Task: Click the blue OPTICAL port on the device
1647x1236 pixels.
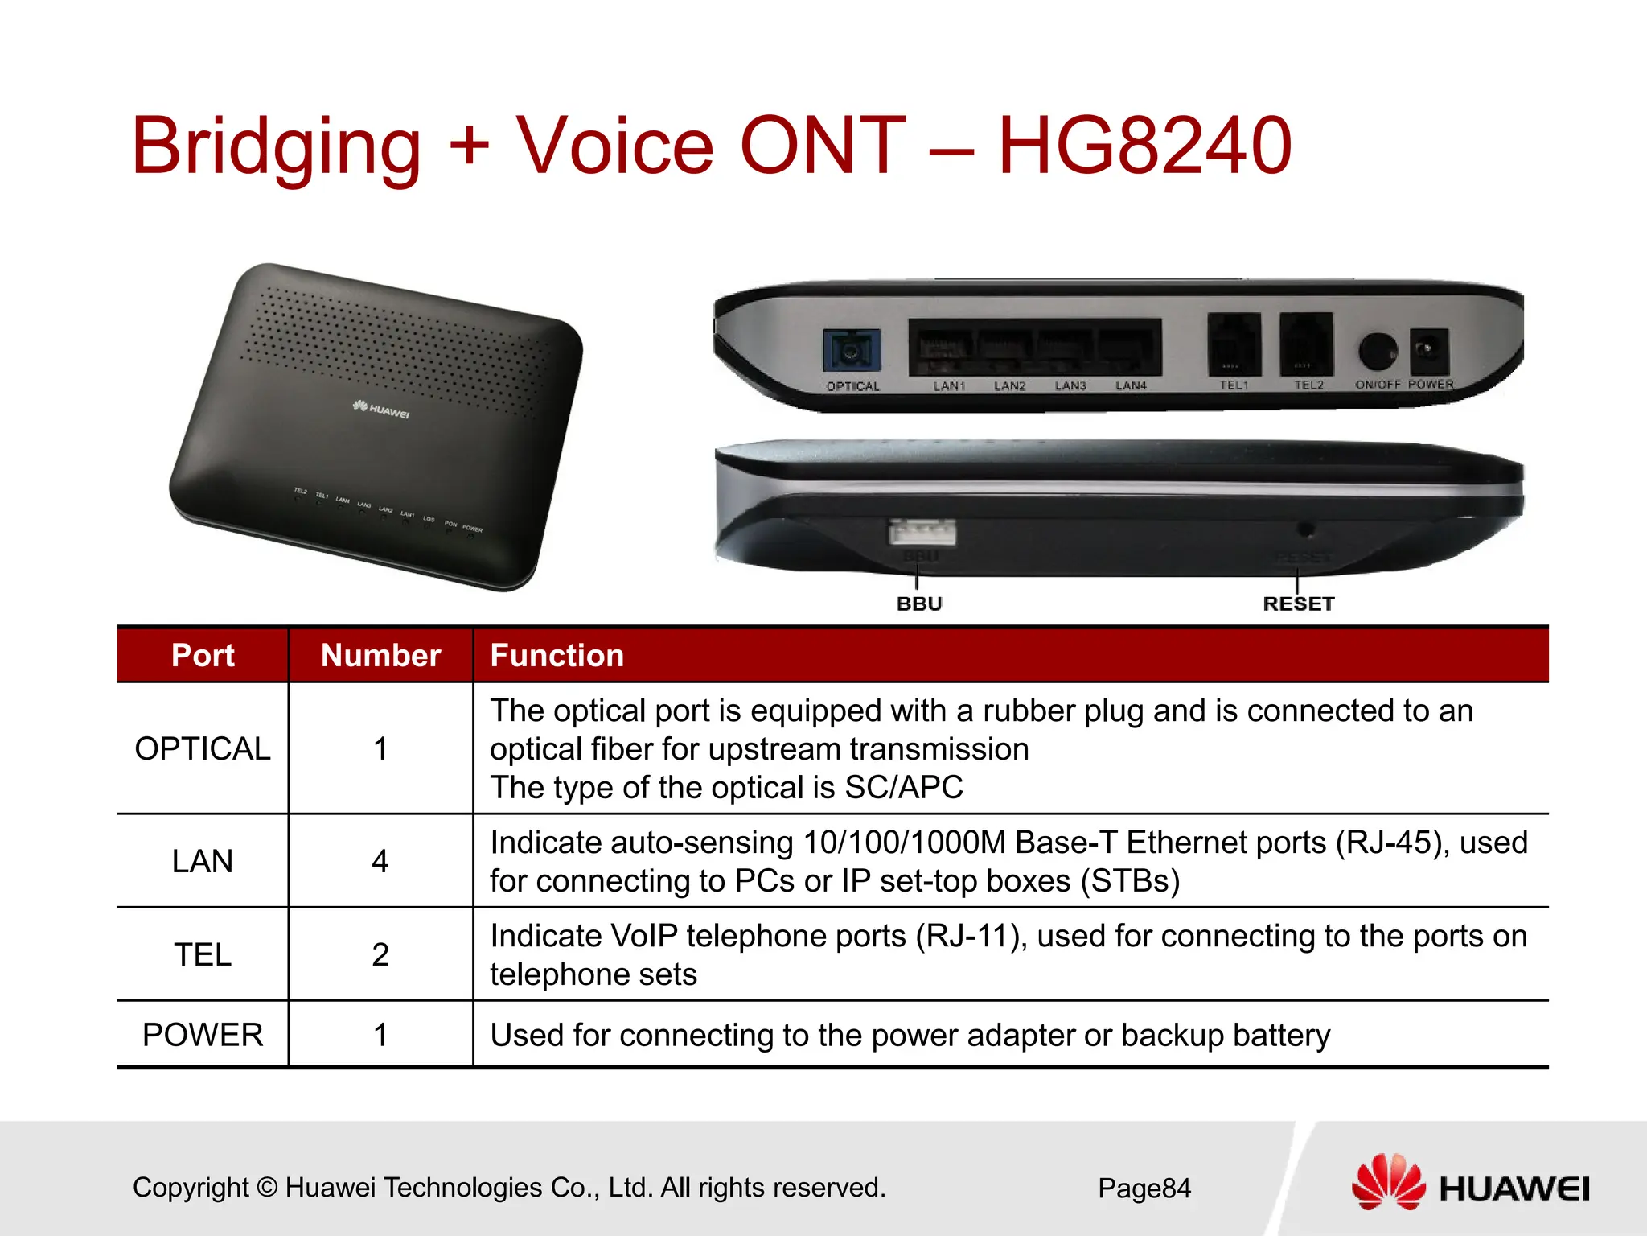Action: tap(851, 352)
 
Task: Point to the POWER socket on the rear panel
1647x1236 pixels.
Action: tap(1428, 351)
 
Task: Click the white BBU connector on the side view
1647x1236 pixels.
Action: tap(922, 533)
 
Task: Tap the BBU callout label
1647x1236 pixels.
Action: tap(919, 604)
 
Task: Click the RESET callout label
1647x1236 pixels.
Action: tap(1298, 604)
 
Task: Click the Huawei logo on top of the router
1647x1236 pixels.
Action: tap(381, 410)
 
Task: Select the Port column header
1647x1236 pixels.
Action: tap(203, 655)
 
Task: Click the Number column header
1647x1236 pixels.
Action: tap(380, 655)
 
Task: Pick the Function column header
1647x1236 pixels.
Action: tap(557, 655)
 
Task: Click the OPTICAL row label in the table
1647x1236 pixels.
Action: tap(203, 748)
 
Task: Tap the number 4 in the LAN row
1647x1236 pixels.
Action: tap(380, 861)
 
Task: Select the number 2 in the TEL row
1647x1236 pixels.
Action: tap(380, 954)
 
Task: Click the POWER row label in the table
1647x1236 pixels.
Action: tap(203, 1035)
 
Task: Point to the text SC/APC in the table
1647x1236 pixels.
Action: tap(903, 787)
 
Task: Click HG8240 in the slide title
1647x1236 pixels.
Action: tap(1144, 146)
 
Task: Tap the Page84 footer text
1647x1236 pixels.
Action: tap(1144, 1188)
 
